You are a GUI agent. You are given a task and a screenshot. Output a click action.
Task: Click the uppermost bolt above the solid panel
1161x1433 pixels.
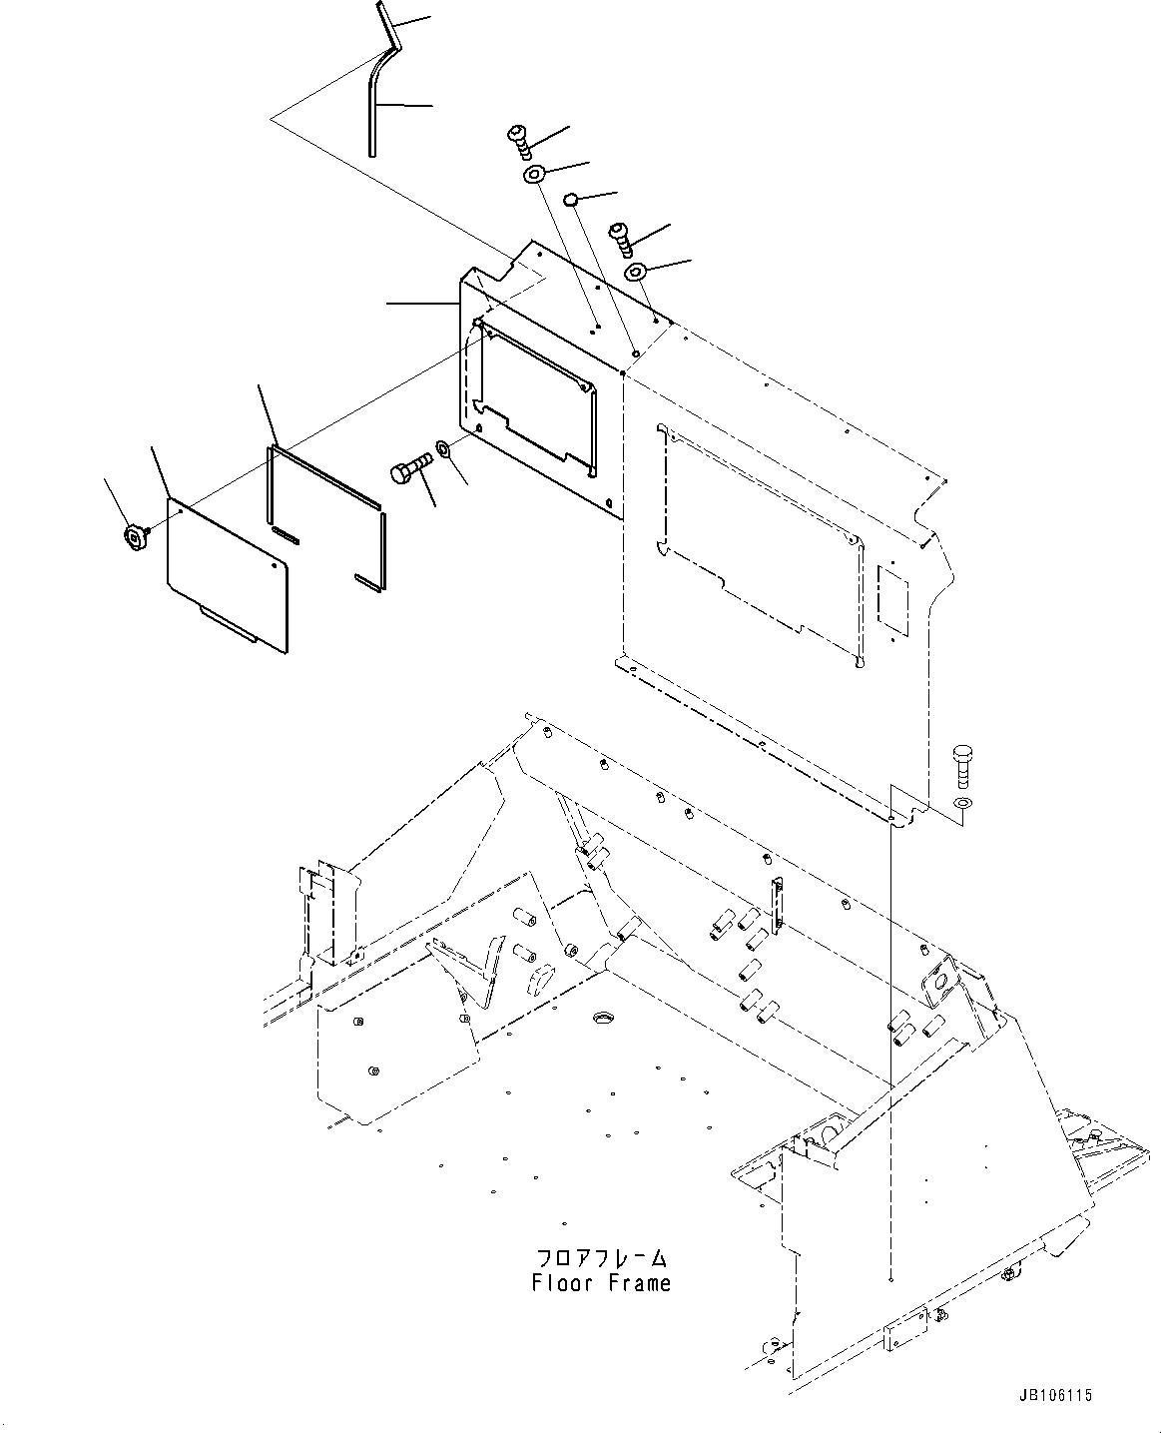tap(519, 140)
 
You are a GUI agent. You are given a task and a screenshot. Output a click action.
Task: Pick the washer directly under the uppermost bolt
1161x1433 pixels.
tap(534, 176)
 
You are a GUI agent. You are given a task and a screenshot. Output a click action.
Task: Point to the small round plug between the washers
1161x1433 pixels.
tap(569, 200)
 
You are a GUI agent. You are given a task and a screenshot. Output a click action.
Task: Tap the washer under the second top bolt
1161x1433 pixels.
tap(635, 272)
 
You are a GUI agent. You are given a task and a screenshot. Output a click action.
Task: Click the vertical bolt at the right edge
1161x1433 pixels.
tap(962, 765)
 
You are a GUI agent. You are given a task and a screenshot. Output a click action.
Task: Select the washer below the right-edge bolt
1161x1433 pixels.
tap(961, 803)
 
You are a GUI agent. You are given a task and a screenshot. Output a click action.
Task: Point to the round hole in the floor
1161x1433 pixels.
tap(603, 1017)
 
